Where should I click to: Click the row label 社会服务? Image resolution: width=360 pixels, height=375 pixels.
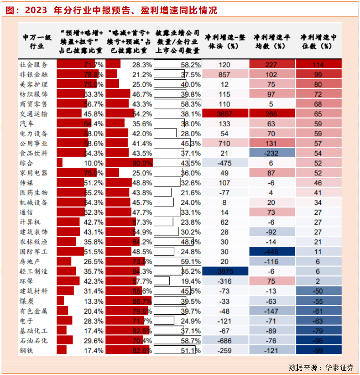(x=33, y=65)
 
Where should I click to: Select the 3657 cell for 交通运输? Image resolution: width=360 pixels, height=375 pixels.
(x=225, y=114)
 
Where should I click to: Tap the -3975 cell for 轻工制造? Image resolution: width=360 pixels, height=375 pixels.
(x=225, y=271)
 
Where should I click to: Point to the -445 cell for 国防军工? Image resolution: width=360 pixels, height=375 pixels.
(x=271, y=252)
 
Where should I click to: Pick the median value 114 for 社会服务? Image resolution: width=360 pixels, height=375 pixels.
(x=318, y=65)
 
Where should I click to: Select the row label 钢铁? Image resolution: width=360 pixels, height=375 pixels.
(x=26, y=350)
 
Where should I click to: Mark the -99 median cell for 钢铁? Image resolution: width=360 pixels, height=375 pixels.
(x=318, y=350)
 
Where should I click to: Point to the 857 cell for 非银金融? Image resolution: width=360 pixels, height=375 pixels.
(x=225, y=74)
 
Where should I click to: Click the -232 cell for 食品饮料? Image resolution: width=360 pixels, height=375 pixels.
(x=271, y=153)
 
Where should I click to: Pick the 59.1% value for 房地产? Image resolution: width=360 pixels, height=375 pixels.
(x=191, y=261)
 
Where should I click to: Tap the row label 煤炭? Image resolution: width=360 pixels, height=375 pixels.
(x=26, y=301)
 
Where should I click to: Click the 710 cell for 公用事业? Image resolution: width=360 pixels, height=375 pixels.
(x=225, y=143)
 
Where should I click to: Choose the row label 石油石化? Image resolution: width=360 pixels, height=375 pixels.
(x=33, y=340)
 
